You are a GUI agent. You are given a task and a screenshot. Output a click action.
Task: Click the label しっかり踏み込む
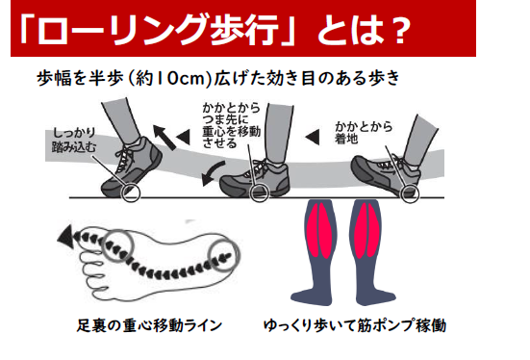[74, 141]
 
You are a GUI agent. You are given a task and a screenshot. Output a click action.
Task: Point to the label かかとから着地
[364, 132]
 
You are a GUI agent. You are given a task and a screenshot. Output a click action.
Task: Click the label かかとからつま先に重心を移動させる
[232, 125]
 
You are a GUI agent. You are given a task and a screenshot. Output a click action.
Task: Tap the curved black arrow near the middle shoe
[212, 173]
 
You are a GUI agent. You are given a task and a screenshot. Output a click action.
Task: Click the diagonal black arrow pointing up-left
[164, 137]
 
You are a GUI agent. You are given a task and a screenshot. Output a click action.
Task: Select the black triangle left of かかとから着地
[313, 137]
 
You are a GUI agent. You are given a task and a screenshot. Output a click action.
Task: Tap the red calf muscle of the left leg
[321, 229]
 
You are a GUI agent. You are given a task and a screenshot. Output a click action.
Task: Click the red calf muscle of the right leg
[366, 229]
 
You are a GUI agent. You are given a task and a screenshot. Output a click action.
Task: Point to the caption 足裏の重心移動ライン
[149, 325]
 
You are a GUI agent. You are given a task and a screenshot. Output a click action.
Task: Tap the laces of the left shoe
[125, 160]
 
